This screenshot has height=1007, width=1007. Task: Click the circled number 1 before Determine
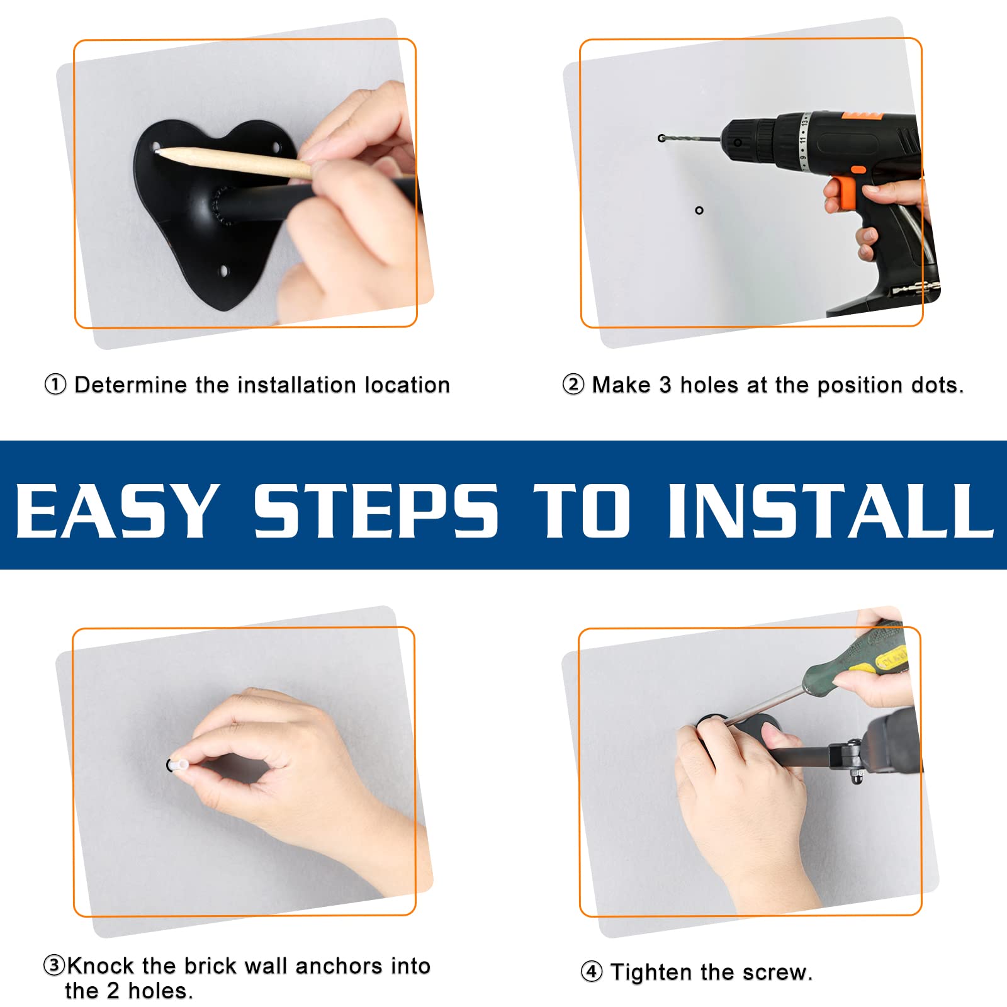(x=55, y=385)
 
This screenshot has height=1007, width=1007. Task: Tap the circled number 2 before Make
(x=573, y=385)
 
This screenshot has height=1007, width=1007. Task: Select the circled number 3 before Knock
(x=54, y=965)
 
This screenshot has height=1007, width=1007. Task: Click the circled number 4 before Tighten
(x=591, y=972)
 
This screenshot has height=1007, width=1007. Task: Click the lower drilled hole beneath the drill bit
(x=699, y=210)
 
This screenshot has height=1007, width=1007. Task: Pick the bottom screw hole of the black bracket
(x=223, y=272)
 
